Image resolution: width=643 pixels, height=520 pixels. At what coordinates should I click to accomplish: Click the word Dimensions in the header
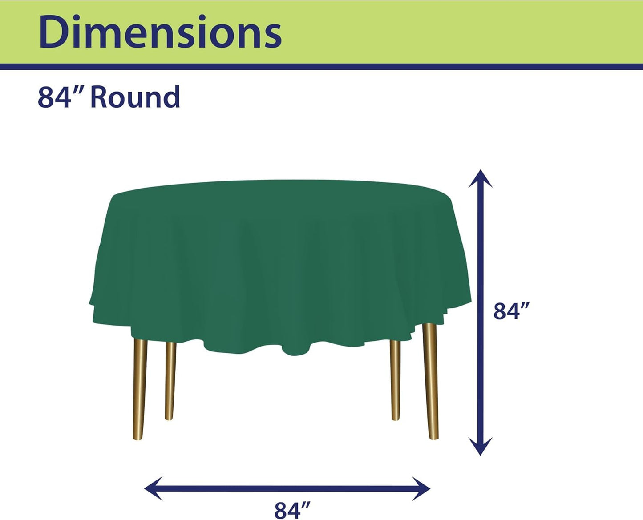click(160, 32)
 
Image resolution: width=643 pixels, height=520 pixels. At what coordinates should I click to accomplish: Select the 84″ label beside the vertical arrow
click(512, 311)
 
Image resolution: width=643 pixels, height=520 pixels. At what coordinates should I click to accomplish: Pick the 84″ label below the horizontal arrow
click(292, 510)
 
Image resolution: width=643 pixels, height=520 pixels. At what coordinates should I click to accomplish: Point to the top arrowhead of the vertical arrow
click(480, 178)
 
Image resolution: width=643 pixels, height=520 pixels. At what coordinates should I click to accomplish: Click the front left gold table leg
click(140, 387)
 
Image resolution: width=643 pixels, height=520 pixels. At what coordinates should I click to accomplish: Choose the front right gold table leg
click(430, 383)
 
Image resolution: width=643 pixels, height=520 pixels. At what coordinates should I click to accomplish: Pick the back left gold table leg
click(170, 380)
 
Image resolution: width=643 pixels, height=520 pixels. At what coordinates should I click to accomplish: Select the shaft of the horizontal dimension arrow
click(287, 489)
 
